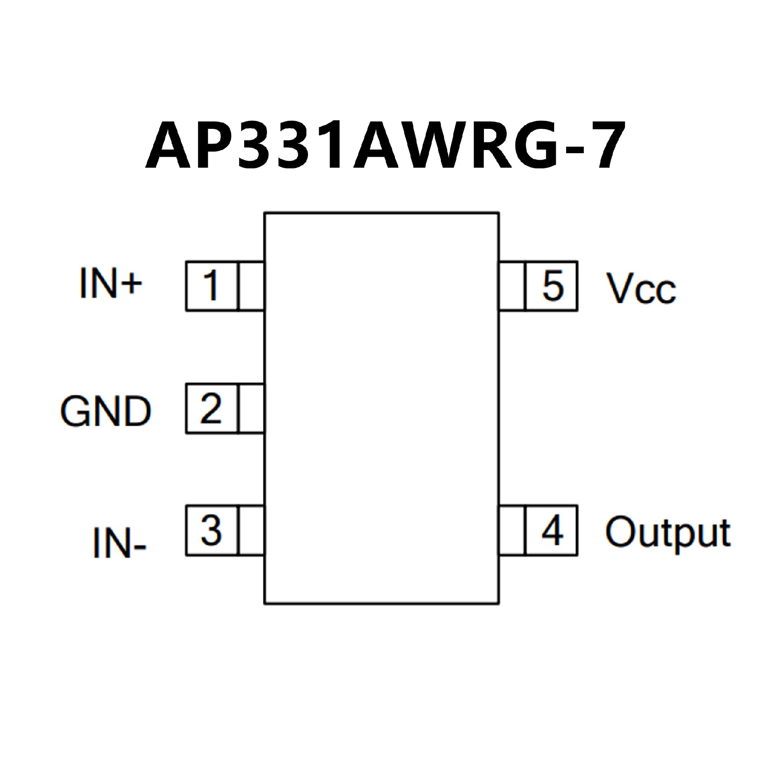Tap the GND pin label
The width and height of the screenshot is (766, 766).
click(106, 411)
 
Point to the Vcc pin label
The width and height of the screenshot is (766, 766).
click(641, 288)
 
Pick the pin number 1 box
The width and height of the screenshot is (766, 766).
click(211, 286)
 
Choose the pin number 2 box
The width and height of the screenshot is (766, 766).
click(211, 409)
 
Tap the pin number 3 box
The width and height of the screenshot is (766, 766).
click(211, 531)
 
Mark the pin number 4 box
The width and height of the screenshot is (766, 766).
click(552, 531)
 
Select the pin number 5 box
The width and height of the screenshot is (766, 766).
click(552, 286)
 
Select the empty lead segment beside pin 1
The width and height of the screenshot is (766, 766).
click(251, 286)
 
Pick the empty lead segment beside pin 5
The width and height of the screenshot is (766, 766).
click(512, 286)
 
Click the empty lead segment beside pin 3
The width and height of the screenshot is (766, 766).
click(251, 531)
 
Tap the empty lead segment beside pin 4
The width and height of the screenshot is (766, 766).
click(512, 531)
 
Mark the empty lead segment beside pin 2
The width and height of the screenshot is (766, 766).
click(251, 409)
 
